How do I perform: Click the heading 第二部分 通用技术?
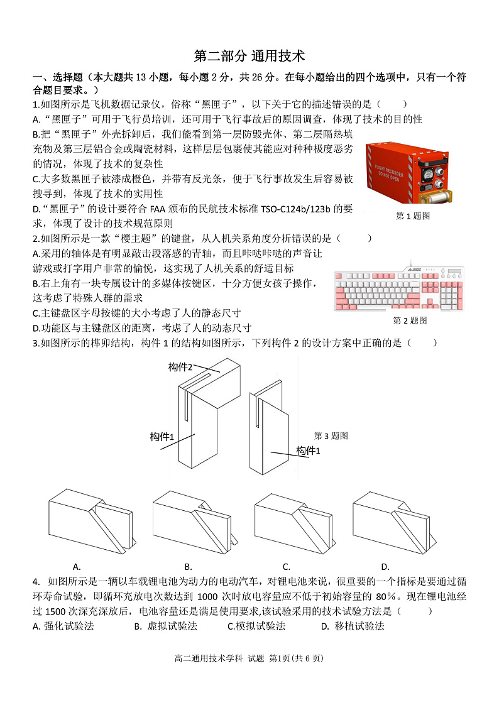pyautogui.click(x=249, y=56)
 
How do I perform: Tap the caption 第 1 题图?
pyautogui.click(x=412, y=216)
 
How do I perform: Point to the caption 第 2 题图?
pyautogui.click(x=410, y=320)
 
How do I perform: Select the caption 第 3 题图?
pyautogui.click(x=331, y=435)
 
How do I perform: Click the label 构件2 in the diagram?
pyautogui.click(x=180, y=367)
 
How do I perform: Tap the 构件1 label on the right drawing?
pyautogui.click(x=308, y=451)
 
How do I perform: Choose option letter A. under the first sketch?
pyautogui.click(x=77, y=566)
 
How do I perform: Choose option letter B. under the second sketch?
pyautogui.click(x=188, y=566)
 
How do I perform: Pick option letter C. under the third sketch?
pyautogui.click(x=287, y=566)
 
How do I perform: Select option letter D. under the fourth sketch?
pyautogui.click(x=385, y=566)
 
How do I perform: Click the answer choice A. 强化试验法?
pyautogui.click(x=63, y=626)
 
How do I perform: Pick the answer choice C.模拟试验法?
pyautogui.click(x=256, y=626)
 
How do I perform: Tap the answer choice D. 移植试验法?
pyautogui.click(x=353, y=626)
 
